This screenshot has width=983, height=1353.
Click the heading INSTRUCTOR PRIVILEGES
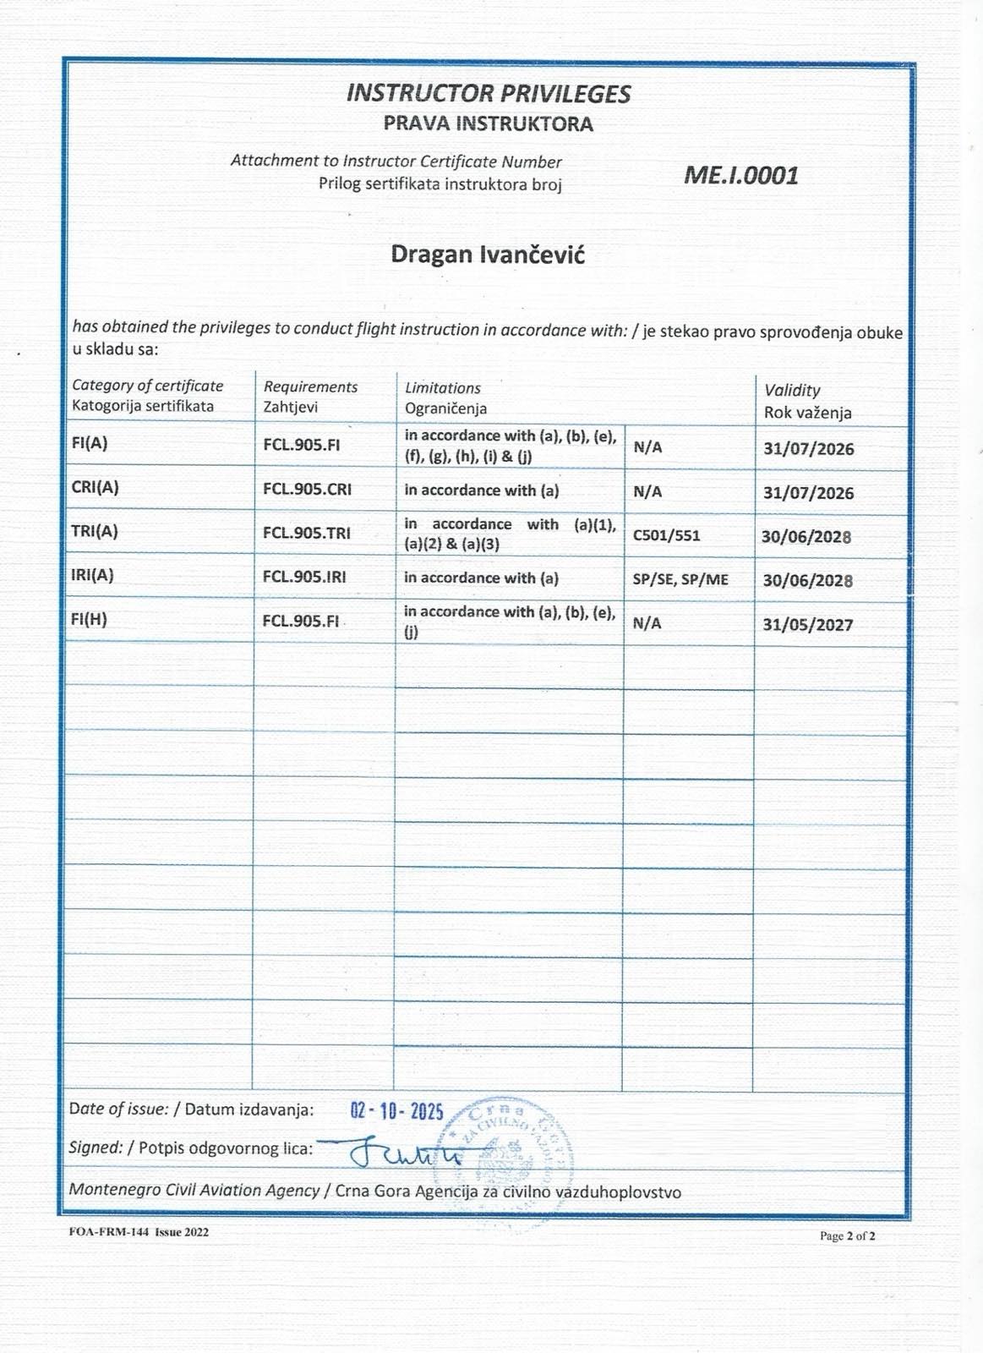pyautogui.click(x=489, y=93)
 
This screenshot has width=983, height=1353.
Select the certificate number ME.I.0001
pyautogui.click(x=740, y=175)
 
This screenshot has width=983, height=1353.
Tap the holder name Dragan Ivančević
pyautogui.click(x=488, y=255)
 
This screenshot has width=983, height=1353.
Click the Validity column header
pyautogui.click(x=792, y=390)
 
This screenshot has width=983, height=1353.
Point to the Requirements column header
pyautogui.click(x=310, y=386)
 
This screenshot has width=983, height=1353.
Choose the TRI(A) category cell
pyautogui.click(x=95, y=531)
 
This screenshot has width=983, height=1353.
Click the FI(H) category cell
pyautogui.click(x=90, y=619)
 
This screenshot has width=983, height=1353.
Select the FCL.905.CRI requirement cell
pyautogui.click(x=307, y=489)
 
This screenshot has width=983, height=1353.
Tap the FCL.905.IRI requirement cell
pyautogui.click(x=304, y=577)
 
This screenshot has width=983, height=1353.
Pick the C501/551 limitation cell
pyautogui.click(x=666, y=535)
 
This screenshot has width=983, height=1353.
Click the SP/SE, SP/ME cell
pyautogui.click(x=680, y=580)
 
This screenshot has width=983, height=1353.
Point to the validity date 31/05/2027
pyautogui.click(x=808, y=625)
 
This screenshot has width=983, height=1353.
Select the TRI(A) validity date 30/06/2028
pyautogui.click(x=806, y=537)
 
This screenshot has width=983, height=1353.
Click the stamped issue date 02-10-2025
pyautogui.click(x=396, y=1110)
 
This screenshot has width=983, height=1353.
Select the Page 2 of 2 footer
pyautogui.click(x=847, y=1236)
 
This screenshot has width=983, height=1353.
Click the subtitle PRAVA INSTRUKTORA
pyautogui.click(x=489, y=123)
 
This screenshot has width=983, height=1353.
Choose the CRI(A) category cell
pyautogui.click(x=96, y=487)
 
